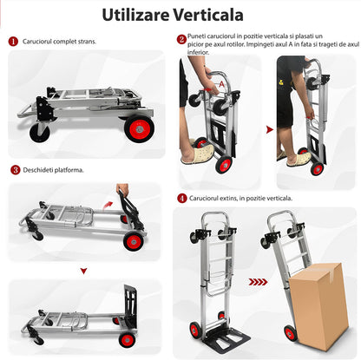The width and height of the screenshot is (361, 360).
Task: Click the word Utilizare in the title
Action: (x=135, y=15)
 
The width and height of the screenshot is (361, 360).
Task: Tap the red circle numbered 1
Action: (x=13, y=42)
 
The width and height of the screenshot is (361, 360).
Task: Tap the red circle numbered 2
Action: (x=181, y=39)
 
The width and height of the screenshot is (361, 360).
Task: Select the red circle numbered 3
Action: (x=16, y=170)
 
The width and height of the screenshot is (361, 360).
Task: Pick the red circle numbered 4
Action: (x=182, y=199)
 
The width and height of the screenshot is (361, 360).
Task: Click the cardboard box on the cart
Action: (x=318, y=306)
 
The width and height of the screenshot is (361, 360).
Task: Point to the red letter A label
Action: (x=221, y=84)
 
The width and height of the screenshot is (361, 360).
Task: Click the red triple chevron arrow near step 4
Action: (x=258, y=282)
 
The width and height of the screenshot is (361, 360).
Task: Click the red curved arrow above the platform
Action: (x=108, y=206)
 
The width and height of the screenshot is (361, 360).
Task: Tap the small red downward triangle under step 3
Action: (x=83, y=271)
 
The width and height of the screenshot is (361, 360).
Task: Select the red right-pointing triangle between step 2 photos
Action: (x=270, y=129)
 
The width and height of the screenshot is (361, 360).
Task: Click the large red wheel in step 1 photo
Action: (x=139, y=128)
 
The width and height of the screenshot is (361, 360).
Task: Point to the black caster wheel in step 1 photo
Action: (x=40, y=133)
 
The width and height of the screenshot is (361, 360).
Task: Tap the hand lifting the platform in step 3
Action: (x=122, y=189)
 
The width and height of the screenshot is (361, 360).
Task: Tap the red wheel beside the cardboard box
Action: (x=290, y=333)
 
